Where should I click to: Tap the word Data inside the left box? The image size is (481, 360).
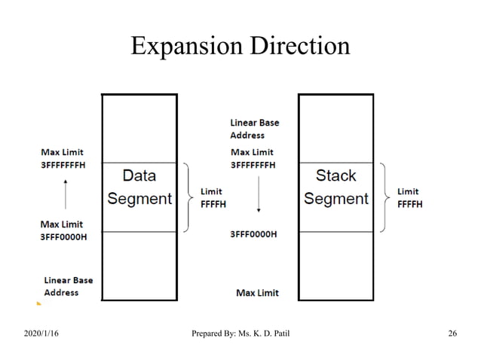(139, 176)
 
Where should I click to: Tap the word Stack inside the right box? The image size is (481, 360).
(336, 176)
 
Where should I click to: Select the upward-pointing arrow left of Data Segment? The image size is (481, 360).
(66, 195)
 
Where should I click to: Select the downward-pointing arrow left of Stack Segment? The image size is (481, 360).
(259, 199)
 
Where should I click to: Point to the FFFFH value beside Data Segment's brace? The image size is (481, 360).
(213, 203)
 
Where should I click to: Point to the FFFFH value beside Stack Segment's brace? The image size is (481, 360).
(409, 203)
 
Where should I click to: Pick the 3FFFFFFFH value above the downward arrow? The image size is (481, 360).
(253, 164)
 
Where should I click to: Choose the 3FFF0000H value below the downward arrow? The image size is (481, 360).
(253, 234)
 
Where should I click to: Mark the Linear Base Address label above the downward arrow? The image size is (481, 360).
(254, 129)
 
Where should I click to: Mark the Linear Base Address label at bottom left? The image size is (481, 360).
(69, 286)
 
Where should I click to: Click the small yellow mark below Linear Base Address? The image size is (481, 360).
(38, 304)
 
